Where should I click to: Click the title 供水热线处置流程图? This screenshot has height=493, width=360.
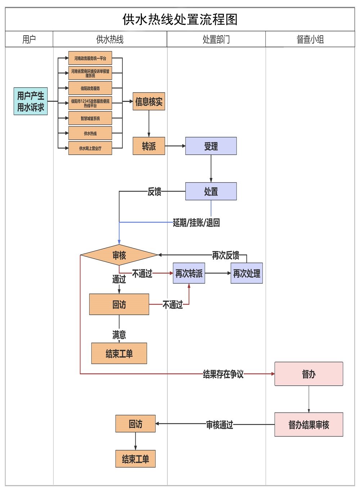[x=180, y=19]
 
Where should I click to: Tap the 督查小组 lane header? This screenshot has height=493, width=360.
[x=310, y=39]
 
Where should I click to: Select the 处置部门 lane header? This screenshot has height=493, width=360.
[x=216, y=39]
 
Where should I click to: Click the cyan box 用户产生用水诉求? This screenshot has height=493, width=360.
[x=31, y=101]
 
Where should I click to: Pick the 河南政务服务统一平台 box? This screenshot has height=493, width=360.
[x=90, y=58]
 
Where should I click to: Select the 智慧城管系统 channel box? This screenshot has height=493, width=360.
[x=90, y=118]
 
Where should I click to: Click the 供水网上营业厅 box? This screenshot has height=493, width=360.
[x=90, y=148]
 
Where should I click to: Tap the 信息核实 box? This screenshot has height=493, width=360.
[x=149, y=102]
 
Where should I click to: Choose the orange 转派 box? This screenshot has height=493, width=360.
[x=149, y=146]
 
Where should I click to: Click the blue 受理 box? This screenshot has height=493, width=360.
[x=211, y=146]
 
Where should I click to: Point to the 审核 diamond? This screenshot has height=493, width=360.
[x=119, y=255]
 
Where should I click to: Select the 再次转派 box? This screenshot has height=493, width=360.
[x=189, y=273]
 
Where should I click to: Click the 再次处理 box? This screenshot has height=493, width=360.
[x=247, y=273]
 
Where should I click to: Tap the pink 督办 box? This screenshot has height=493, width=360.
[x=309, y=374]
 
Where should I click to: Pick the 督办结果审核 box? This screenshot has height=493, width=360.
[x=309, y=425]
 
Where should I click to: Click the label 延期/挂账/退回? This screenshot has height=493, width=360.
[x=196, y=223]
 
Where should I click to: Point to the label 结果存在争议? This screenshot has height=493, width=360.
[x=223, y=374]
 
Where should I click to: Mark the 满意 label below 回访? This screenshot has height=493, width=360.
[x=119, y=335]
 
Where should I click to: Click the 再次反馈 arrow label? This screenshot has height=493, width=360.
[x=225, y=255]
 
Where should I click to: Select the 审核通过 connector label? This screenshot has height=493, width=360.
[x=220, y=425]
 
